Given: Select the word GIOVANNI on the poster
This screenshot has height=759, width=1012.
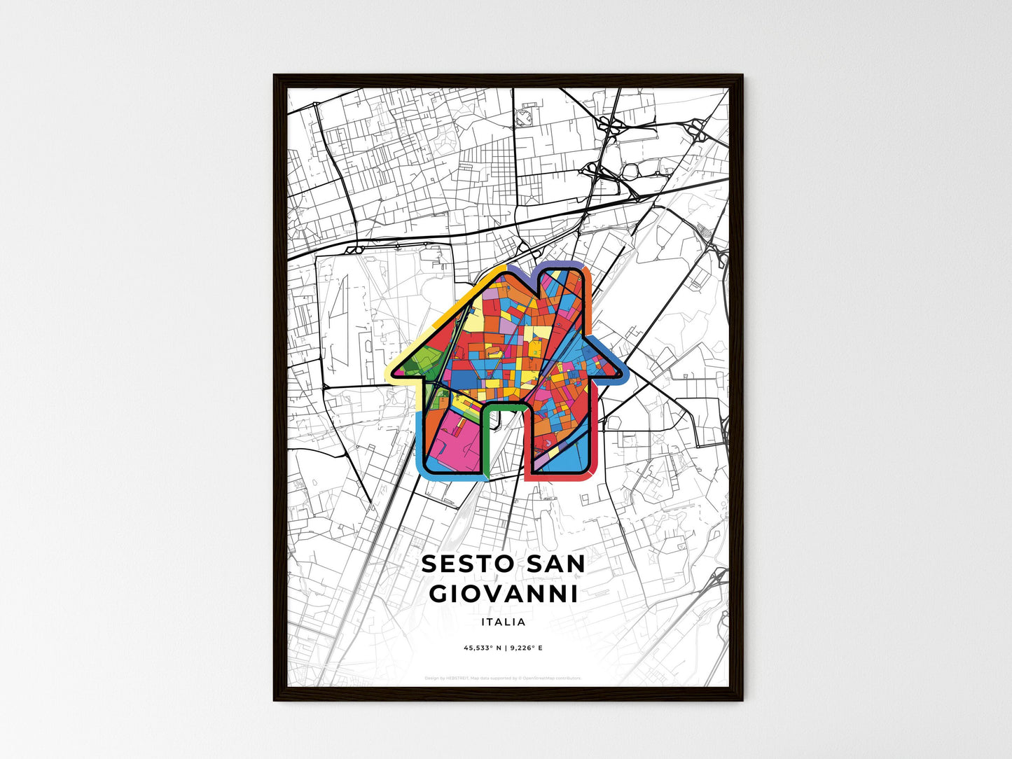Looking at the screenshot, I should coord(504,594).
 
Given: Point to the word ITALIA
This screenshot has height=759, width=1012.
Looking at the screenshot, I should coord(504,622).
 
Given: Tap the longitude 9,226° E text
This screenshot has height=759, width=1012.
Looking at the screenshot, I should coord(525,648).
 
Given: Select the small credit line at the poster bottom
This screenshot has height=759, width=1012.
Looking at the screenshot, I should coord(503,678).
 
